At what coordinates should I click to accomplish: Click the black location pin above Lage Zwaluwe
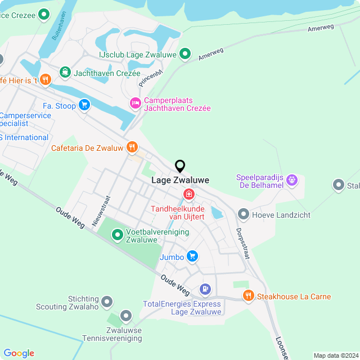180,166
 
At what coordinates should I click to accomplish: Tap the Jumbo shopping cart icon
192,256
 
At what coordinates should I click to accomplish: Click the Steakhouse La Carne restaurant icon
248,296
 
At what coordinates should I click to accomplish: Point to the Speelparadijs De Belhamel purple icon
291,181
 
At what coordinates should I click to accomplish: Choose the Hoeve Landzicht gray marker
244,214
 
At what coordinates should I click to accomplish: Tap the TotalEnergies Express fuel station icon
205,290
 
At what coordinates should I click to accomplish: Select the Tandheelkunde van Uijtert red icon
189,195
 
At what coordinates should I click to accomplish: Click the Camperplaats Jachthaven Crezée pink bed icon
135,103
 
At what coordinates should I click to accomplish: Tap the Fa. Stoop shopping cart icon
84,105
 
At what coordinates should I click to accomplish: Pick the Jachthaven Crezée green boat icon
65,73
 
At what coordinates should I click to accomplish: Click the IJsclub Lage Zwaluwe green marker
185,55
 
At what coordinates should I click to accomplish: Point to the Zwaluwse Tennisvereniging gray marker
126,316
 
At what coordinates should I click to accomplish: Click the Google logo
19,353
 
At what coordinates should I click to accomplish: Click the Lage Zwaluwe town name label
181,181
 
